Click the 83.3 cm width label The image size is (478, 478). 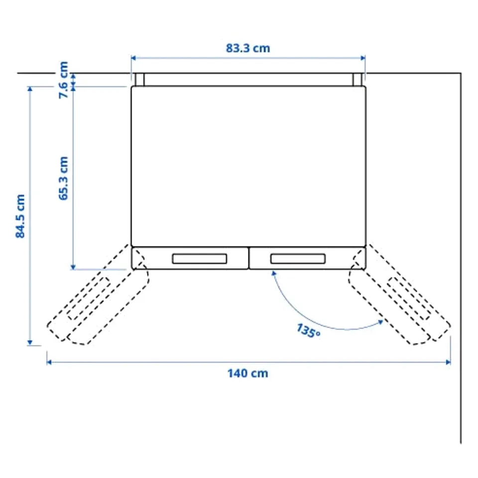[x=248, y=48]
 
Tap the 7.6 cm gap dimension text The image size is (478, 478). [x=63, y=80]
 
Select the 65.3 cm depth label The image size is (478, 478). [x=63, y=178]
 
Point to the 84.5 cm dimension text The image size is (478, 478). [x=20, y=216]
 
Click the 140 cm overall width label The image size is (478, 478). [x=248, y=373]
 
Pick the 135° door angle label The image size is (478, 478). [x=308, y=331]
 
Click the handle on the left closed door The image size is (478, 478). [x=199, y=258]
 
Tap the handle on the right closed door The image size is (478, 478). [x=298, y=258]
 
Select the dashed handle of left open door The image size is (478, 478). [x=89, y=298]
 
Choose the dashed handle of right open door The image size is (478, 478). [x=409, y=298]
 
